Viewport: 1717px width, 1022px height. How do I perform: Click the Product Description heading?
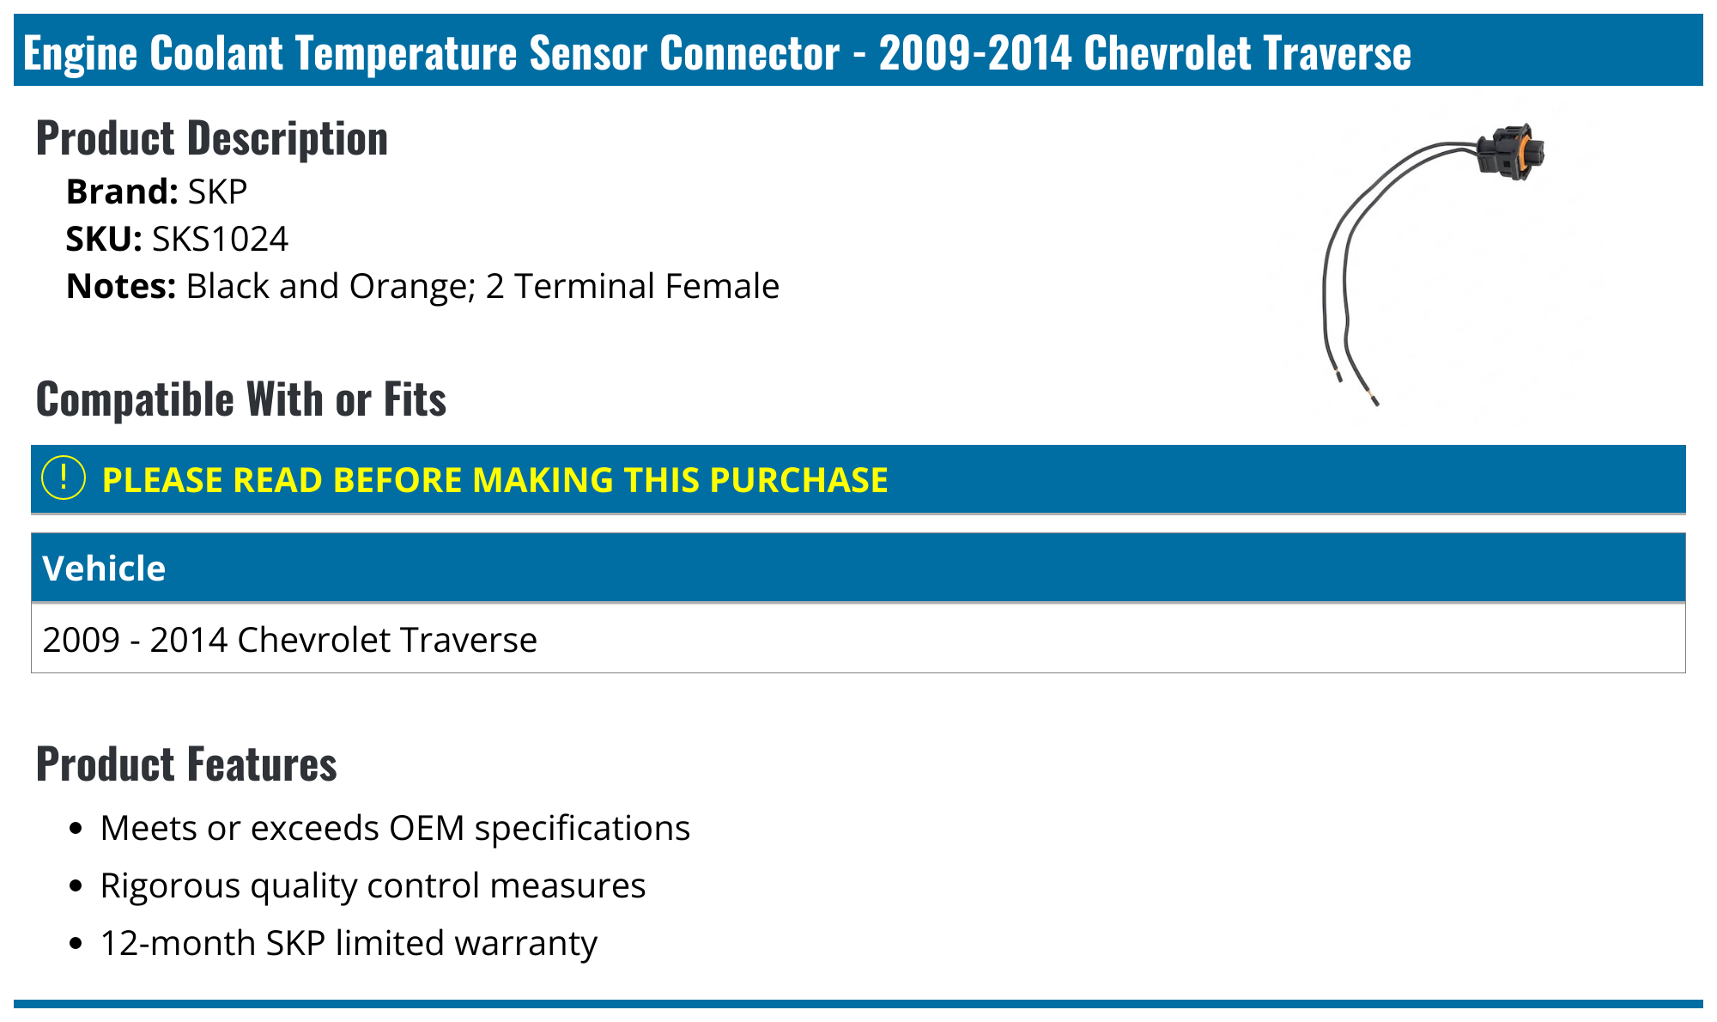click(x=211, y=138)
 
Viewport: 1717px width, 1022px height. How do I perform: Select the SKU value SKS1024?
click(x=220, y=239)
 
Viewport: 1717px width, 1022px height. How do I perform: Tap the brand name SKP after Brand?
click(x=217, y=192)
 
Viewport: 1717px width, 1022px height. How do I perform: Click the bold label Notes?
click(x=121, y=286)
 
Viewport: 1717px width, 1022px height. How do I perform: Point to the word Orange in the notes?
click(x=409, y=286)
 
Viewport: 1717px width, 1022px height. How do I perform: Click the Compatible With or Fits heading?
click(x=240, y=399)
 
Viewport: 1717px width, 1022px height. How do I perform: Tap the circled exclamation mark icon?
click(x=64, y=478)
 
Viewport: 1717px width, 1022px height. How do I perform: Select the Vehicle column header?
click(x=104, y=569)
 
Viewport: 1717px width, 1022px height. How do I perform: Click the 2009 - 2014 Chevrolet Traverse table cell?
click(x=289, y=640)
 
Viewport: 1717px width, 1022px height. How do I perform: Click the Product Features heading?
click(x=186, y=763)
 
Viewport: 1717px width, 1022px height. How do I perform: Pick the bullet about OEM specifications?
click(x=395, y=828)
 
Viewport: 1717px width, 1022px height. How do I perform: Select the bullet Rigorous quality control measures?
click(x=373, y=885)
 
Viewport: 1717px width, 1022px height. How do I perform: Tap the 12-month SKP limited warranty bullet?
click(x=348, y=943)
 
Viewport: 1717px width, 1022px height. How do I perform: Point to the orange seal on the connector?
click(x=1526, y=153)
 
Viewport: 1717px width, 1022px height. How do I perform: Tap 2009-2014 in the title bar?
click(x=975, y=52)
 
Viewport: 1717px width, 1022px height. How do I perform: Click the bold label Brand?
click(x=121, y=192)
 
